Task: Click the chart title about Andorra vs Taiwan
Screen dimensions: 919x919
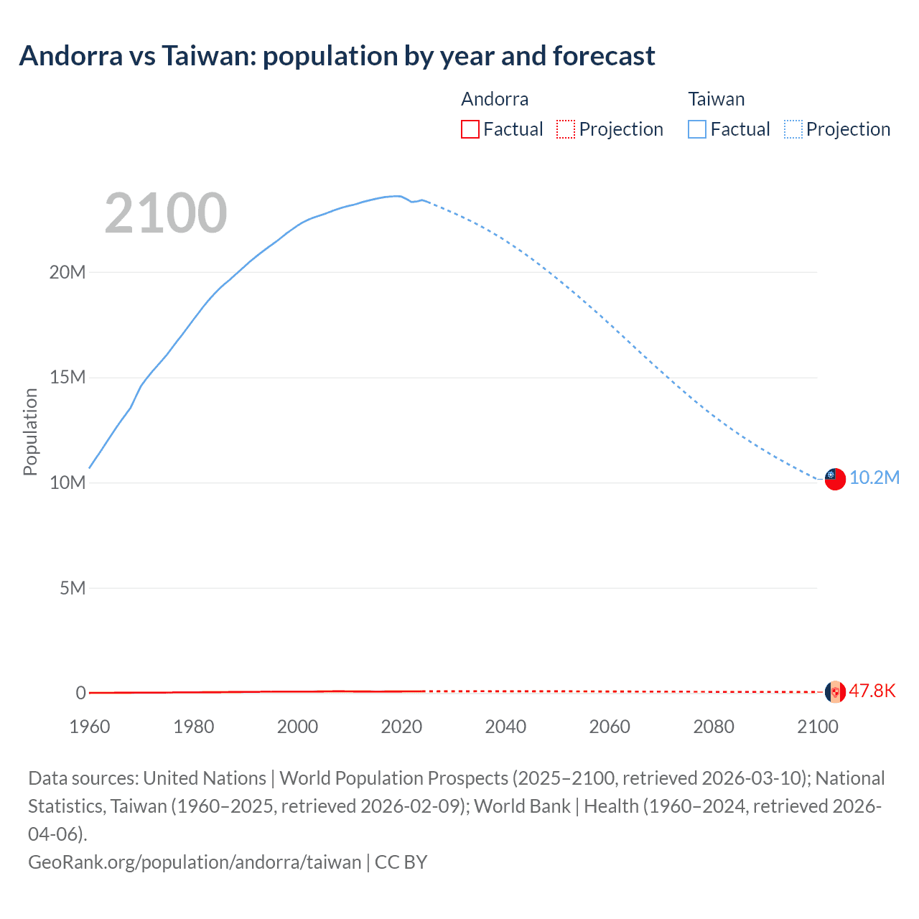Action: pyautogui.click(x=337, y=55)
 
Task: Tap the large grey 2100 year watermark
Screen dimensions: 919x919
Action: pyautogui.click(x=166, y=213)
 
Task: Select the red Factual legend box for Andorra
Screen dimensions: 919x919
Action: pyautogui.click(x=470, y=129)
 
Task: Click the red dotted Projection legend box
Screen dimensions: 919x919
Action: pyautogui.click(x=566, y=129)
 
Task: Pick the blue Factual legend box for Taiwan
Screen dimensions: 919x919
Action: pyautogui.click(x=697, y=129)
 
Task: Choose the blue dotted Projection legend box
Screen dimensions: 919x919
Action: pyautogui.click(x=793, y=129)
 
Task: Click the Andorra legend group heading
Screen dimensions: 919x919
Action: pyautogui.click(x=495, y=99)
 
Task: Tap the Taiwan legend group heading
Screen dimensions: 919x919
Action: pyautogui.click(x=717, y=99)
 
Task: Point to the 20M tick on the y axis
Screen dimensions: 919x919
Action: pyautogui.click(x=67, y=272)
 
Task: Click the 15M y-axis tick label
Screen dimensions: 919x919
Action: pyautogui.click(x=67, y=378)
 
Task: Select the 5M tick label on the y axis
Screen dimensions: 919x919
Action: pyautogui.click(x=73, y=588)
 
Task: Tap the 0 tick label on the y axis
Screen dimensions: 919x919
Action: pyautogui.click(x=80, y=693)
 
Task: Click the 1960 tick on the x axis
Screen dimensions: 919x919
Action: pyautogui.click(x=90, y=727)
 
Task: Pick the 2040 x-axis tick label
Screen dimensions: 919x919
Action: pyautogui.click(x=505, y=727)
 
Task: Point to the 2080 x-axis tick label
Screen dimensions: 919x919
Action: pyautogui.click(x=714, y=727)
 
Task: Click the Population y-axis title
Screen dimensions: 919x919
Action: pyautogui.click(x=30, y=431)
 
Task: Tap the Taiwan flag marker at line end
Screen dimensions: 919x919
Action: pyautogui.click(x=835, y=479)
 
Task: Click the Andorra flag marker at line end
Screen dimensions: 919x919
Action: pyautogui.click(x=835, y=691)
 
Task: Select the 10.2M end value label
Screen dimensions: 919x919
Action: pyautogui.click(x=874, y=478)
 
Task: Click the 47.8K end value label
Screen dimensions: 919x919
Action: pyautogui.click(x=872, y=691)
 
